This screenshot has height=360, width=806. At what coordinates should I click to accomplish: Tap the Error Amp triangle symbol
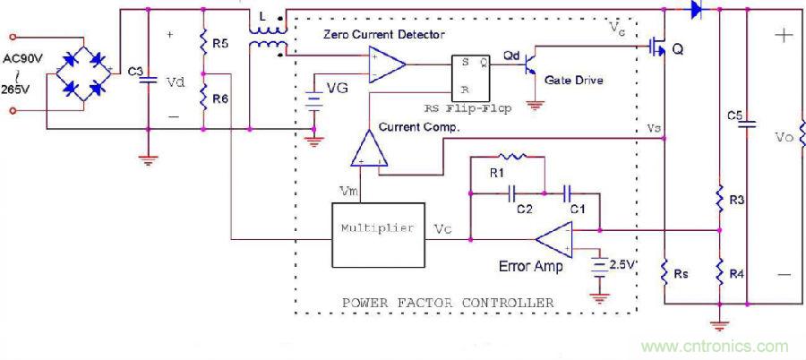(555, 238)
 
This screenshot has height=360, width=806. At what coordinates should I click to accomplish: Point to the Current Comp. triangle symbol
(370, 149)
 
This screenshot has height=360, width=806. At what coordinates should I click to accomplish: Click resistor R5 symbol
(204, 43)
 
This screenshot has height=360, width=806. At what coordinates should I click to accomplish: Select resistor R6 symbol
(204, 93)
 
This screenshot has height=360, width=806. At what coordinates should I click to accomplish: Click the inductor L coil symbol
(266, 37)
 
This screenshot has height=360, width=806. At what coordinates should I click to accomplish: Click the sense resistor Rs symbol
(664, 272)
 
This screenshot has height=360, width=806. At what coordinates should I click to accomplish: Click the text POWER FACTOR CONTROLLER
(448, 302)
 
